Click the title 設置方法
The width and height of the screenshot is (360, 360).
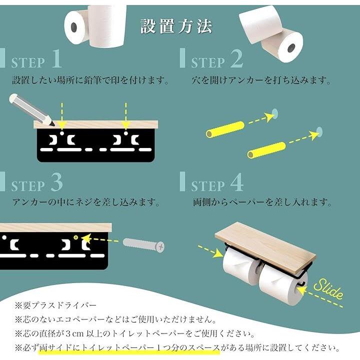click(176, 26)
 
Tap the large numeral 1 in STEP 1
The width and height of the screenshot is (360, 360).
click(56, 58)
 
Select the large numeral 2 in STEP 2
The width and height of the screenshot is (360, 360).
click(236, 58)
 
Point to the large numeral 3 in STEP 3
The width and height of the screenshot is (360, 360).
click(56, 182)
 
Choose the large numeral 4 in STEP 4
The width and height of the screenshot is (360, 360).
click(236, 182)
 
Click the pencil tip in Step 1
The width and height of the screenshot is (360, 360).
click(53, 124)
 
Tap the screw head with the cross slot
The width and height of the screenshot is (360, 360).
click(160, 247)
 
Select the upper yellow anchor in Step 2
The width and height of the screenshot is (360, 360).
click(225, 129)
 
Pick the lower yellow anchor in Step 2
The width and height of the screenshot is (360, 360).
click(266, 149)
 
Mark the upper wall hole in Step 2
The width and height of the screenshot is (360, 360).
click(274, 112)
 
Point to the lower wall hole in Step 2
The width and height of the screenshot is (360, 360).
click(319, 131)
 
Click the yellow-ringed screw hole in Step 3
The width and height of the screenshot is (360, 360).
click(76, 237)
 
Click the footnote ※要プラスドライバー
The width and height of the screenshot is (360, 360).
click(56, 305)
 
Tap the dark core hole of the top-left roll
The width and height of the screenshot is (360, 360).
click(73, 27)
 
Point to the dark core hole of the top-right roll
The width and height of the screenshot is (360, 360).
click(291, 48)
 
